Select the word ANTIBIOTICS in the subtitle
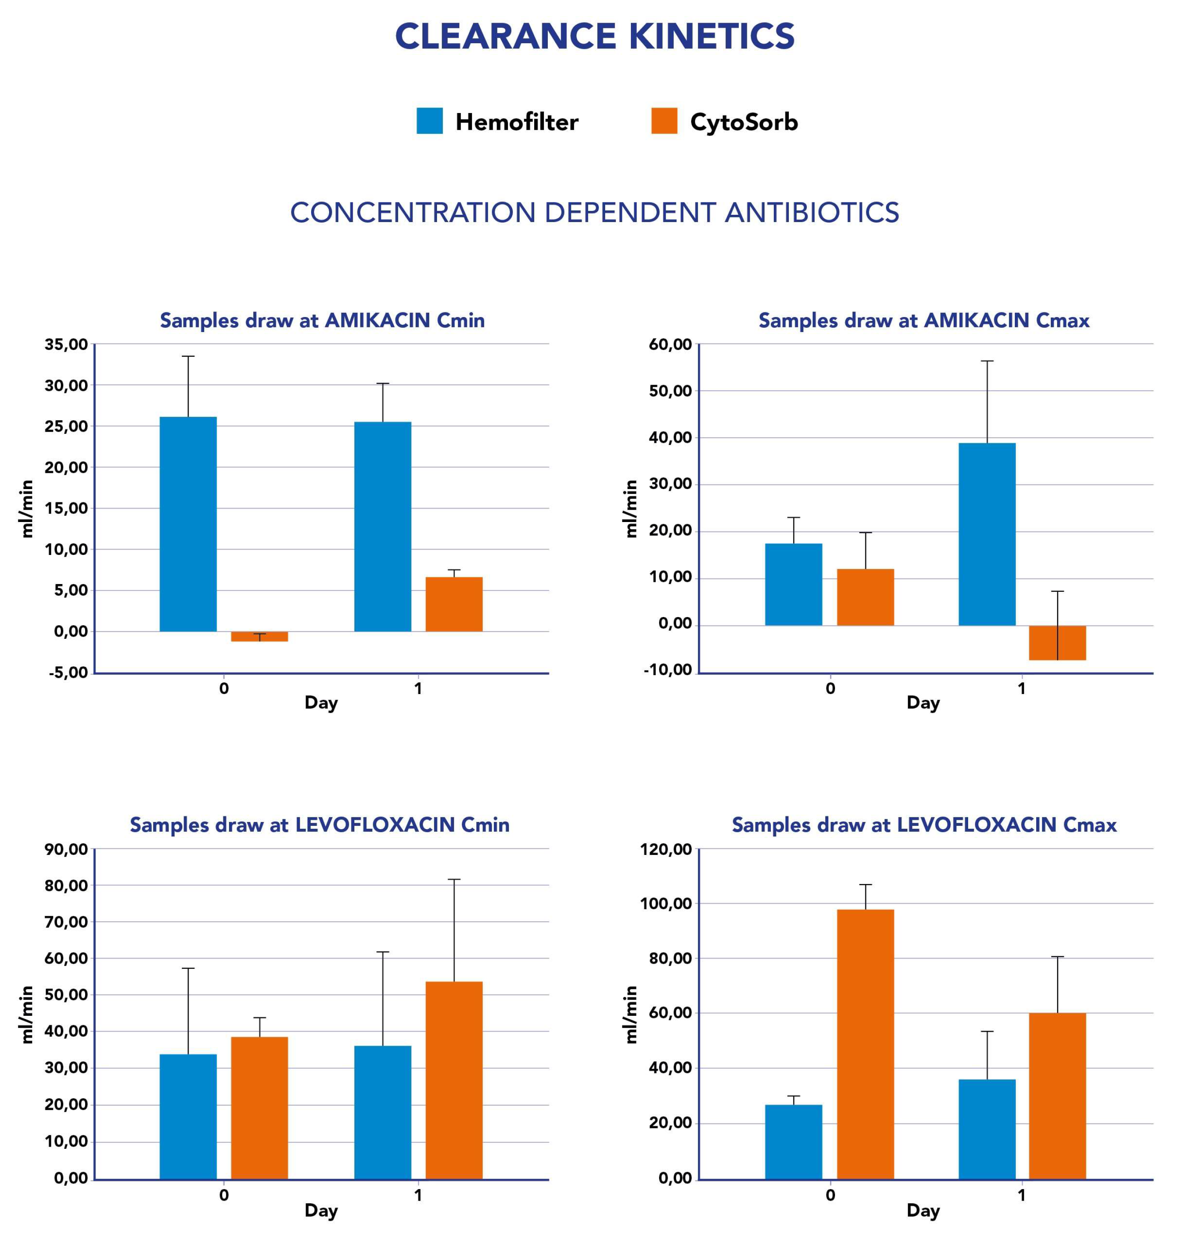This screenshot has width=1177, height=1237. [812, 213]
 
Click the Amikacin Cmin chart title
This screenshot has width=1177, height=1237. [322, 320]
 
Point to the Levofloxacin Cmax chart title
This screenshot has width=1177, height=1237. [924, 824]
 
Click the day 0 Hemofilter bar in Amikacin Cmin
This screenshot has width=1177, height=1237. [188, 524]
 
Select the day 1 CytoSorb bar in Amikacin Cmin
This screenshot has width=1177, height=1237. [454, 604]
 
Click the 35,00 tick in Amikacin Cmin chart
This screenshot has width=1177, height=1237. [66, 344]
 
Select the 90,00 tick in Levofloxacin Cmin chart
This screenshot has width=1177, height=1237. [66, 849]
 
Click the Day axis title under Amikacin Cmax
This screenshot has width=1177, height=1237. [923, 703]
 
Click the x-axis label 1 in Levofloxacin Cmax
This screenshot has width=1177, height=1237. [1021, 1195]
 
